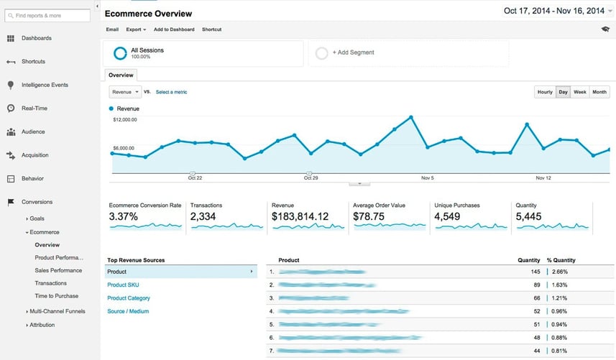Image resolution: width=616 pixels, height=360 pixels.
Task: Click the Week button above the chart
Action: point(579,92)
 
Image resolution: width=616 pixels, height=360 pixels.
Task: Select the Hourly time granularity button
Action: point(545,92)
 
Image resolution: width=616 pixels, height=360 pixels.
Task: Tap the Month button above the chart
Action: point(599,92)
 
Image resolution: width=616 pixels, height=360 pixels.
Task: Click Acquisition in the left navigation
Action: point(35,154)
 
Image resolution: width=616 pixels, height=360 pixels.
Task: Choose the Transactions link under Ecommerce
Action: point(50,283)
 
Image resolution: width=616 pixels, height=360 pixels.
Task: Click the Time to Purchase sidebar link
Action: point(56,296)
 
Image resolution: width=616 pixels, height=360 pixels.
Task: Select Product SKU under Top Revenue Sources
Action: point(124,285)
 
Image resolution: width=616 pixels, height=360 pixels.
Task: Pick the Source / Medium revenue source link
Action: point(128,311)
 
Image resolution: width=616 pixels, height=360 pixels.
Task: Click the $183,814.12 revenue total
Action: point(300,216)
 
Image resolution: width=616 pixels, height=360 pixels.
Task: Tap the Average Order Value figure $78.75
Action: point(369,216)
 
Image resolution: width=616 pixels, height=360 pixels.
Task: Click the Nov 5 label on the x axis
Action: point(428,177)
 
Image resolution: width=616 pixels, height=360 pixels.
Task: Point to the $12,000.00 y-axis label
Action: point(125,120)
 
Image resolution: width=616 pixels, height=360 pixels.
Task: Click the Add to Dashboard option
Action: point(174,29)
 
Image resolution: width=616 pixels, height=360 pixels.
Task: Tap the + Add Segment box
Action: point(408,52)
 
